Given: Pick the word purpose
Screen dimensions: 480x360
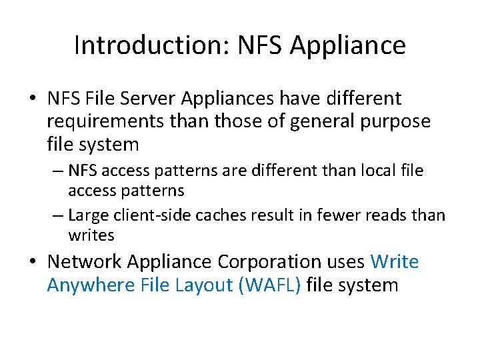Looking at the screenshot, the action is tap(393, 121).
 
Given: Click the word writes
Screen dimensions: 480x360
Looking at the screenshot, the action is tap(91, 235).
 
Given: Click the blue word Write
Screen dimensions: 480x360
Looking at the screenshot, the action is tap(395, 262).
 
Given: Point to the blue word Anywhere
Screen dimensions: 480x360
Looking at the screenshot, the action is tap(92, 285).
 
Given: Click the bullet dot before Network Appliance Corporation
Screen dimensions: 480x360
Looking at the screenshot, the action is tap(33, 262).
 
